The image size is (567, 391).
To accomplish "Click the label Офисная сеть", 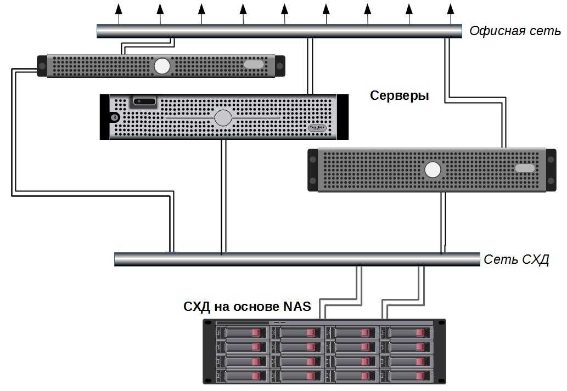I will coord(515,31).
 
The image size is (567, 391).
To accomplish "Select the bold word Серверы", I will coord(399,95).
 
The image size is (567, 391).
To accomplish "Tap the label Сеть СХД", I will coord(516,259).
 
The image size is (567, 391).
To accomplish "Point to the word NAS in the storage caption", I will coord(297,306).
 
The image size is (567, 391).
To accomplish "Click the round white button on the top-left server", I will coord(162,66).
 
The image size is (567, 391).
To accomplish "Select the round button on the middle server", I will coord(223,118).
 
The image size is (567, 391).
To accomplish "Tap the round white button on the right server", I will coord(433,171).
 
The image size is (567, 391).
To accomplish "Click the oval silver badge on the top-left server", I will coord(254,65).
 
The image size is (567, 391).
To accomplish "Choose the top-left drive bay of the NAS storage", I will coord(242,333).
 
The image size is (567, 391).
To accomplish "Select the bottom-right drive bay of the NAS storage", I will coord(407,376).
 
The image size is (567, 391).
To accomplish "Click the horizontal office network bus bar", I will coord(279,31).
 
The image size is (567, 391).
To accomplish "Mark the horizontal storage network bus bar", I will coord(296,259).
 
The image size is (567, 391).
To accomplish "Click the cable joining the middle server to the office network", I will coord(310,66).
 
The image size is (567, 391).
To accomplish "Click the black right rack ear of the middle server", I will coord(343,117).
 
